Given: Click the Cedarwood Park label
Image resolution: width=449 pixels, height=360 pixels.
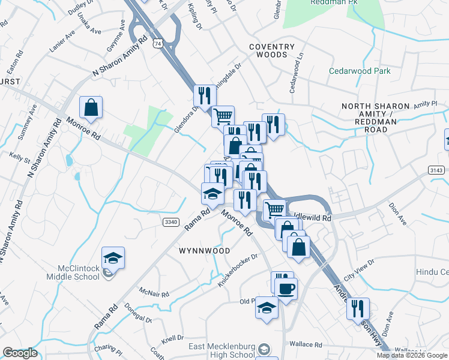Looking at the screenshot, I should point(360,71).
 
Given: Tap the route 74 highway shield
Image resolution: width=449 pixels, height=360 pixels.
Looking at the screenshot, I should point(158,43).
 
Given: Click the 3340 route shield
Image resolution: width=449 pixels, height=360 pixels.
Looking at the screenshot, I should point(170,222).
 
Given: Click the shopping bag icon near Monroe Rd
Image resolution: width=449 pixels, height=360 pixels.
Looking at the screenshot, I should point(91,108).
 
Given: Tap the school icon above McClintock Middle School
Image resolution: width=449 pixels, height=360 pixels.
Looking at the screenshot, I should point(113,257).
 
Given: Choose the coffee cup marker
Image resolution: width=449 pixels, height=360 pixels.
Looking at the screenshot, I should point(286,289).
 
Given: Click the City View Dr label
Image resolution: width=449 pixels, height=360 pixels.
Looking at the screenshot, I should point(358,268).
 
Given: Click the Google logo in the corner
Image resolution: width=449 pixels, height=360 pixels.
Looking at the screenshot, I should point(20,353).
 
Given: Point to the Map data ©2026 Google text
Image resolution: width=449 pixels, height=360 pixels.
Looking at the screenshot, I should point(412,355).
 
